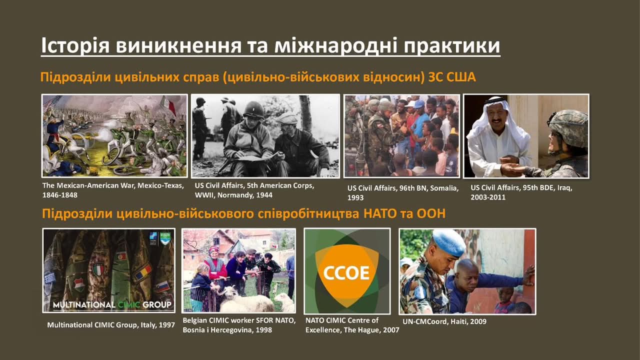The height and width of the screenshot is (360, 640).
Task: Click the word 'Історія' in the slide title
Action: [75, 45]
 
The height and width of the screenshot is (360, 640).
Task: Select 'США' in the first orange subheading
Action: [461, 77]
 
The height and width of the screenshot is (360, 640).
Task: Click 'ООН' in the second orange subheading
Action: [431, 213]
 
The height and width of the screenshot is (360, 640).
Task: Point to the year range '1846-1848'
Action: [59, 195]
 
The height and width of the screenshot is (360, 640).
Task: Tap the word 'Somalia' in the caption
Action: [443, 188]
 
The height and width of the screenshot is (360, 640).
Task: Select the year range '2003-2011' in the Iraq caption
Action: [488, 197]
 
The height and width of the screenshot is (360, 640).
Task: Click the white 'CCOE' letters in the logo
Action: [346, 273]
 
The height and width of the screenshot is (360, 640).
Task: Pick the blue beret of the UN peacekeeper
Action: [449, 242]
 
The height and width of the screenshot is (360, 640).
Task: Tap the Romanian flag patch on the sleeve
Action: [143, 271]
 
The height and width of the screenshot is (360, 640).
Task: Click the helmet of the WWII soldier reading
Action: [253, 109]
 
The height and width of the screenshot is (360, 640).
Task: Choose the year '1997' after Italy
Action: [166, 325]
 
